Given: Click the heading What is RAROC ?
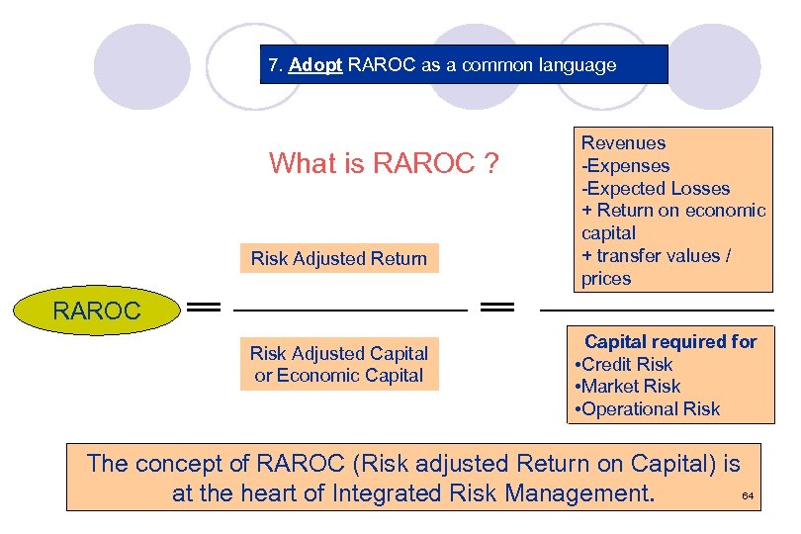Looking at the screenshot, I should (x=383, y=163).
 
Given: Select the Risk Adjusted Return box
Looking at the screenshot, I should (x=339, y=259).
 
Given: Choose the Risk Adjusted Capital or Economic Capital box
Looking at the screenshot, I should (x=339, y=364).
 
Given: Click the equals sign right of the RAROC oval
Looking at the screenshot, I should (x=204, y=309).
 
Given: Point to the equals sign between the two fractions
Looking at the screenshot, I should (x=496, y=309).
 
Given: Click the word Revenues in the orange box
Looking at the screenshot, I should (x=623, y=143).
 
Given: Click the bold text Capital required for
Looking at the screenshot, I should (x=670, y=341).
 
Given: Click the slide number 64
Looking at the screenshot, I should (x=747, y=495).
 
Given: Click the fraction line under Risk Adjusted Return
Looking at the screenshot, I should (x=349, y=311).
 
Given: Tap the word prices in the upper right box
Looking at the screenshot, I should (x=605, y=279).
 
